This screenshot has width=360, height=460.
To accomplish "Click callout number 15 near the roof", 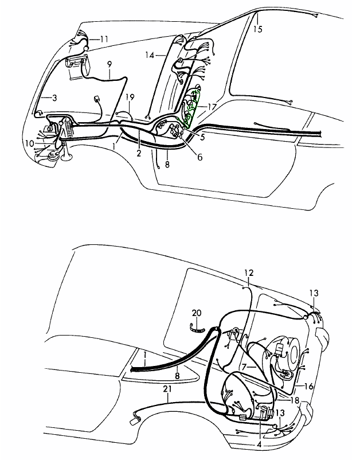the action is [258, 29].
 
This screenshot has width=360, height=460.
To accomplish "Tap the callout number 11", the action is [104, 39].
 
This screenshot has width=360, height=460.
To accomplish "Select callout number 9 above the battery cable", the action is [109, 64].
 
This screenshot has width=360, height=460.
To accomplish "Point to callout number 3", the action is [54, 98].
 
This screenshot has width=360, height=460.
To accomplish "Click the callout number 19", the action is [130, 97].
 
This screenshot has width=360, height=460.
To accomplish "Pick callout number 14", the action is [150, 55].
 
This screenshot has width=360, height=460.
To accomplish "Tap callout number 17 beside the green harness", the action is [212, 107].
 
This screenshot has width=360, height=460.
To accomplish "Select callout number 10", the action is [30, 143].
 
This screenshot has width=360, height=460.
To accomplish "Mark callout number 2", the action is [139, 153].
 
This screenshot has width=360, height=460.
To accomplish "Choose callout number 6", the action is [199, 157].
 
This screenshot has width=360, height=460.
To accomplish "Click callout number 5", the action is [202, 137].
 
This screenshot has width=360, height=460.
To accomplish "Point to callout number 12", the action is [249, 273].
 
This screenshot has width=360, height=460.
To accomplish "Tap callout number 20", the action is [197, 313].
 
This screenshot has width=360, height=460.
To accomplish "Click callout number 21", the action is [167, 389].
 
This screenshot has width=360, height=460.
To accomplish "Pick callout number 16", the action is [309, 387].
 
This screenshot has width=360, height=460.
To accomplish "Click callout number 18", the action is [295, 400].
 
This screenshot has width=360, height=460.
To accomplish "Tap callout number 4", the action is [259, 445].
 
